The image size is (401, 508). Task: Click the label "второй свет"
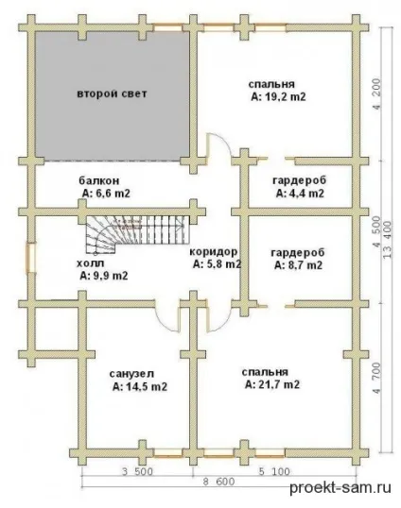coord(112,93)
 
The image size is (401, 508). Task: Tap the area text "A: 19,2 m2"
coord(278,97)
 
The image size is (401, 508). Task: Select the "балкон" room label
coord(99,180)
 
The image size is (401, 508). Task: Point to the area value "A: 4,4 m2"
coord(300,194)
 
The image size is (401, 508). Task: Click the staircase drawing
coord(137,234)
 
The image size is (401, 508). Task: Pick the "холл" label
coord(91,263)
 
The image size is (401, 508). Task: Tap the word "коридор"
coord(214,252)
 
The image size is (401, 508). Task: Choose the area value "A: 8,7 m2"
coord(298,265)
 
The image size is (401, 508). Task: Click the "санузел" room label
coord(131,374)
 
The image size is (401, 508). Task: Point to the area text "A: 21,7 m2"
coord(272,384)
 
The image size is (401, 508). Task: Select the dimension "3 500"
coord(137,471)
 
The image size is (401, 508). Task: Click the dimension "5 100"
coord(274,471)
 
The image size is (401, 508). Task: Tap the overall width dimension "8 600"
coord(218,482)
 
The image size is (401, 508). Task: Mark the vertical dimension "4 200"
coord(376,94)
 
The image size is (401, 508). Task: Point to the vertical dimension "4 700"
coord(376,378)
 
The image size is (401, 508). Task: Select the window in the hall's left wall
coord(31,258)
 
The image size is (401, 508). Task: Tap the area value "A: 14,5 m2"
coord(140,386)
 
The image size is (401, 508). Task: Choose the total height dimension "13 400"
coord(388,240)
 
